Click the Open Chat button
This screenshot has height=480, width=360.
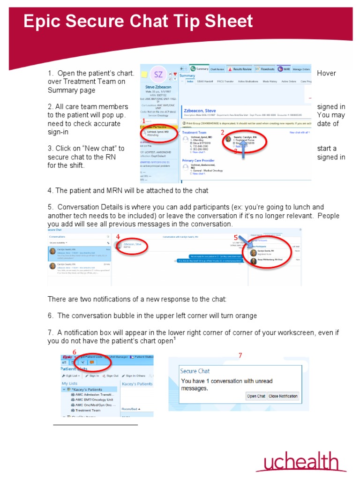coord(256,396)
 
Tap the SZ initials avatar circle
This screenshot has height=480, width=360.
coord(158,75)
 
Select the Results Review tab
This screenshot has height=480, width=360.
coord(240,69)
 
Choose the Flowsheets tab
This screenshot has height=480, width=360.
coord(265,69)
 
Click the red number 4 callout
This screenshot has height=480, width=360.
coord(118,237)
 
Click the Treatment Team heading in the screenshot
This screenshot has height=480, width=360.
coord(194,133)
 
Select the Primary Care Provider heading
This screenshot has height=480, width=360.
coord(198,160)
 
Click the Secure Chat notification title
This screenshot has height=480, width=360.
coord(195,371)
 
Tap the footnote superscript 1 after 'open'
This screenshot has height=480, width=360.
coord(175,338)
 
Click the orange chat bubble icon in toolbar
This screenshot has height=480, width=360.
coord(92,362)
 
